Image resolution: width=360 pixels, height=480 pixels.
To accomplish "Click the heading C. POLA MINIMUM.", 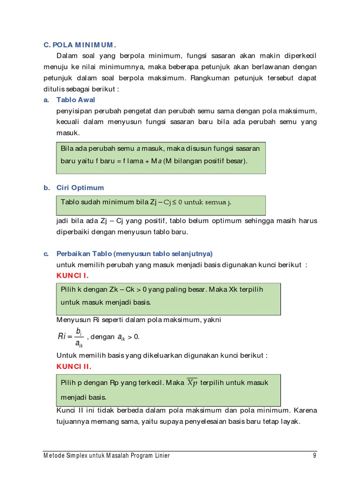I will click(79, 45).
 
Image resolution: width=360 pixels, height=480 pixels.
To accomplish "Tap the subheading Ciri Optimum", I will click(80, 187).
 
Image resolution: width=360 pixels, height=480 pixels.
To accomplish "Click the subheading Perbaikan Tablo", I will click(134, 254).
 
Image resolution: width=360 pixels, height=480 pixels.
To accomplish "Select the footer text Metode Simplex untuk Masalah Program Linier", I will click(107, 456).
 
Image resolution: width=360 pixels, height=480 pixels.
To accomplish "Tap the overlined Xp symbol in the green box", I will click(192, 383).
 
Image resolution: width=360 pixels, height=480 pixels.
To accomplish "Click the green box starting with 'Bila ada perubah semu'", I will click(161, 157).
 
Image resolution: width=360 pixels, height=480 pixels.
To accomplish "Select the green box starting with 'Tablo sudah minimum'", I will click(161, 205).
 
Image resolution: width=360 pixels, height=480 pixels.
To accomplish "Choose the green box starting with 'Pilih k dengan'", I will click(168, 299).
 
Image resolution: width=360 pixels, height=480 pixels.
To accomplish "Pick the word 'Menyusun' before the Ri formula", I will click(72, 320).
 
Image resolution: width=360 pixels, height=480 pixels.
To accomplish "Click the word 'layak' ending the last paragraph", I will click(289, 421).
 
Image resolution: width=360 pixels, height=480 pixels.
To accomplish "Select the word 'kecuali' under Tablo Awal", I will click(68, 122).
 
